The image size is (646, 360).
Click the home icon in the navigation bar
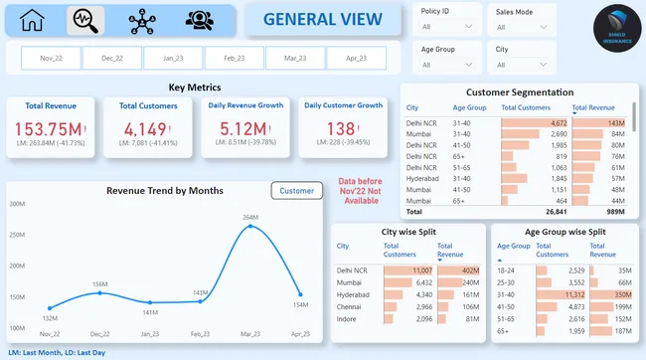[x=33, y=19]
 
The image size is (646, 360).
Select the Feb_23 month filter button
[x=235, y=59]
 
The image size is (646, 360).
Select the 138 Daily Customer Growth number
[x=341, y=129]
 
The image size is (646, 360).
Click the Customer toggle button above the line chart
[x=296, y=190]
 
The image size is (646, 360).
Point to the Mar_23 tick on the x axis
[x=249, y=335]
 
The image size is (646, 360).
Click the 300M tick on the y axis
[x=17, y=204]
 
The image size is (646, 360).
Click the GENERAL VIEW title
[x=322, y=20]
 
